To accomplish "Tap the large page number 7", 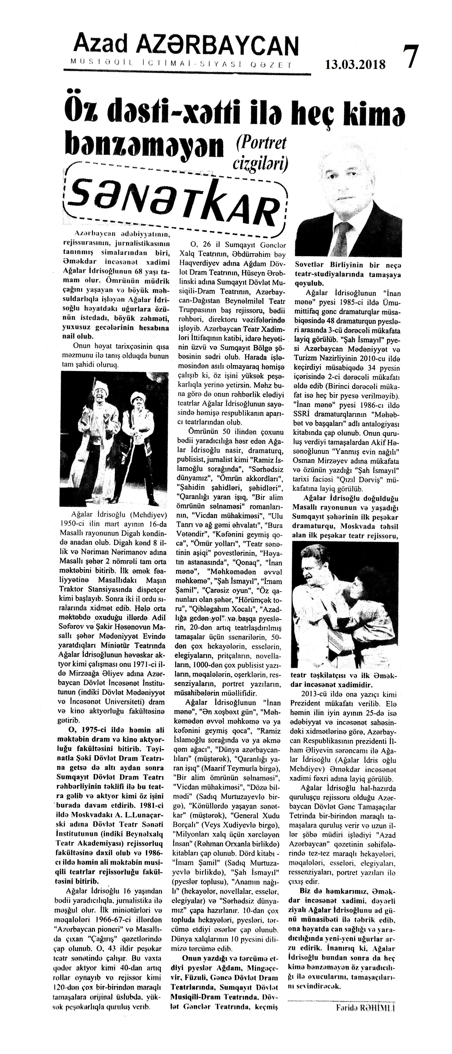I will click(x=411, y=57).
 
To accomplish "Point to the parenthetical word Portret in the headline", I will click(x=261, y=144).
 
